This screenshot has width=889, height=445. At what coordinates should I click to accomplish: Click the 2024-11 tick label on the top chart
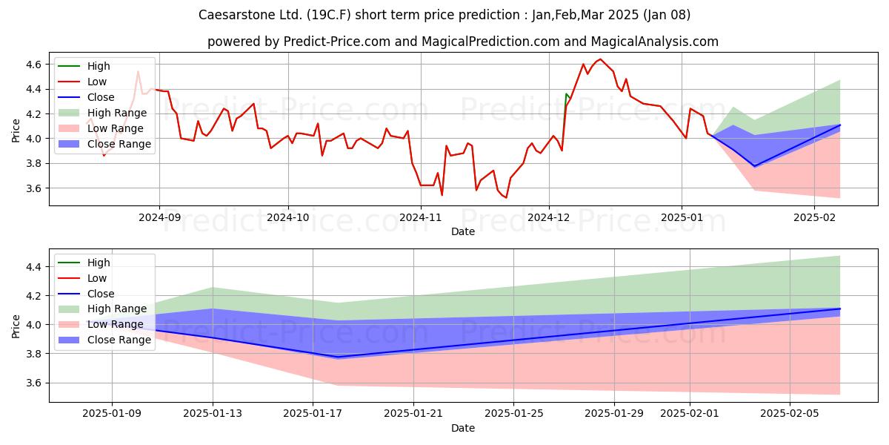[x=421, y=218]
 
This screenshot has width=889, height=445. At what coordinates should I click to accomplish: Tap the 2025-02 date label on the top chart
[x=814, y=218]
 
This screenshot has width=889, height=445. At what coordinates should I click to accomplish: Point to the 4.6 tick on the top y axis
[x=34, y=65]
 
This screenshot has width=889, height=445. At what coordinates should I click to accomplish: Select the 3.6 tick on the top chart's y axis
[x=34, y=188]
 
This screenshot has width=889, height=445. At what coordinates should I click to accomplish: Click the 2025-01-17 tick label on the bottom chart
[x=313, y=414]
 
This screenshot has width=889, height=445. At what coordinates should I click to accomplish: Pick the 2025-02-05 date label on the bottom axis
[x=790, y=414]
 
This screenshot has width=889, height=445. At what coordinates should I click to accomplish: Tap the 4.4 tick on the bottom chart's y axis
[x=34, y=266]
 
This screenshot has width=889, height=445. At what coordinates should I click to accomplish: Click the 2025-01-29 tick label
[x=614, y=414]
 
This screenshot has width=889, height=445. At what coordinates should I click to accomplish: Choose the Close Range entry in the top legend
[x=104, y=144]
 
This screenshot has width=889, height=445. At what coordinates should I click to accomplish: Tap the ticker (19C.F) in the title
[x=329, y=15]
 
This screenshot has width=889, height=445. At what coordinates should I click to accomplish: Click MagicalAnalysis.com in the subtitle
[x=654, y=42]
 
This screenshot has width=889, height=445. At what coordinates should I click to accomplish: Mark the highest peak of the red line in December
[x=601, y=59]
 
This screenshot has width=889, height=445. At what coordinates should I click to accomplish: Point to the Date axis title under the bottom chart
[x=463, y=428]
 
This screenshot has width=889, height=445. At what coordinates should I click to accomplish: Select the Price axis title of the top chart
[x=16, y=131]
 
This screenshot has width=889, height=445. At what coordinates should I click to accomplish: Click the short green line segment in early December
[x=567, y=98]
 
